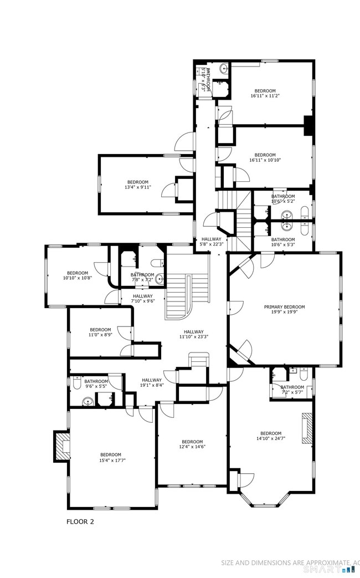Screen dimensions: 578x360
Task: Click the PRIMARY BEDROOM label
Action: click(284, 309)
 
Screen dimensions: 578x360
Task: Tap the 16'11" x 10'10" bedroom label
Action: click(265, 157)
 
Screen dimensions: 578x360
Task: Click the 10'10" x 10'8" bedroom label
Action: click(78, 275)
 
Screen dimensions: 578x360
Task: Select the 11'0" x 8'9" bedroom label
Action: click(100, 332)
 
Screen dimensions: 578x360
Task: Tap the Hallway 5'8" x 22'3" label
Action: click(211, 242)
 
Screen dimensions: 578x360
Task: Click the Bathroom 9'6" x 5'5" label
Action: click(96, 384)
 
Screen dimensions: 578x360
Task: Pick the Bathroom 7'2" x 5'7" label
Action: click(292, 390)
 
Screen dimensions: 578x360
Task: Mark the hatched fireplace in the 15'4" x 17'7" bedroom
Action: click(61, 447)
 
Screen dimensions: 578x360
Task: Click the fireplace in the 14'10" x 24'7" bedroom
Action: click(307, 428)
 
